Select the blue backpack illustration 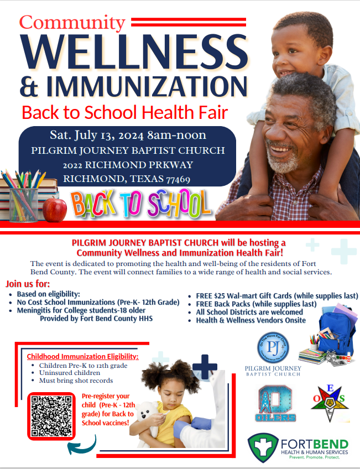pyautogui.click(x=334, y=332)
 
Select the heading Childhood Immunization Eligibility pyautogui.click(x=83, y=356)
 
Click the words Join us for pyautogui.click(x=27, y=284)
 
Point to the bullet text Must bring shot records pyautogui.click(x=76, y=381)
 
